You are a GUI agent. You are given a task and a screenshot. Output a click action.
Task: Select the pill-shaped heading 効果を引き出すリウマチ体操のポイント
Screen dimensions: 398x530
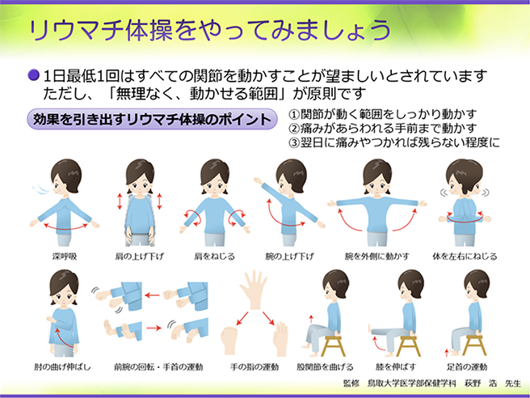pos(154,120)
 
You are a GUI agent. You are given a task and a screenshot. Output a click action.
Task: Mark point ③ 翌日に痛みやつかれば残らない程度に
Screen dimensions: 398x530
pos(394,142)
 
